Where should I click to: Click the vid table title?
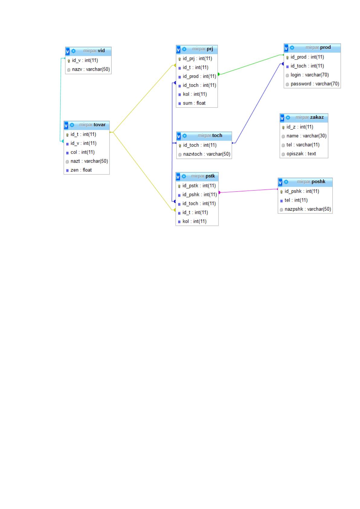click(94, 51)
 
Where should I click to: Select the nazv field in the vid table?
click(91, 69)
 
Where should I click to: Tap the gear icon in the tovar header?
click(72, 125)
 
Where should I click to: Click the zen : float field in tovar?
click(81, 170)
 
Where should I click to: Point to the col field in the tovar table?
click(83, 152)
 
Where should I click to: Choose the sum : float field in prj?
click(194, 103)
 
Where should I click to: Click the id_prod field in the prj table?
click(199, 76)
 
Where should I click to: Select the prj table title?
click(203, 49)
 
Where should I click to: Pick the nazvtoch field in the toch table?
click(206, 154)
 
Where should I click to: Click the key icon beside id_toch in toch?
click(180, 145)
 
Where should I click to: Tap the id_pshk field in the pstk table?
click(199, 195)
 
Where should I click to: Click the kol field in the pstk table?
click(194, 221)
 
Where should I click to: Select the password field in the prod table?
click(315, 84)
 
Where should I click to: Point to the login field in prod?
click(310, 75)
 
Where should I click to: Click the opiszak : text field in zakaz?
click(301, 154)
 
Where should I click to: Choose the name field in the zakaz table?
click(306, 136)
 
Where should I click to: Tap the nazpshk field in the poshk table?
click(308, 209)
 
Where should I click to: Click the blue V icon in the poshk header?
click(280, 182)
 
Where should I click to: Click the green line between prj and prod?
click(251, 65)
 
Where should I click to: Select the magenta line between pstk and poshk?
click(248, 191)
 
